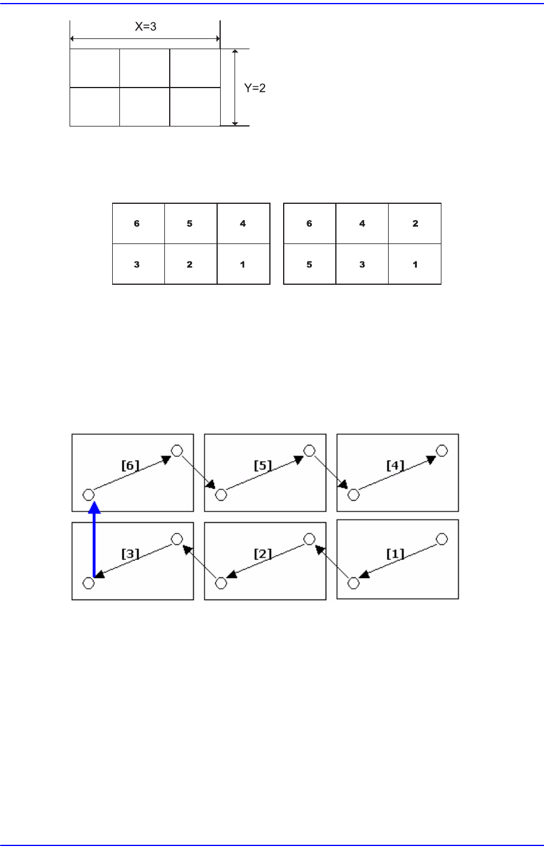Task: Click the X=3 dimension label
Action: pos(145,27)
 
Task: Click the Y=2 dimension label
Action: pos(254,88)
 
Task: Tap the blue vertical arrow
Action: pos(94,540)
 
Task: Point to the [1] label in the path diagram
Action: pos(395,553)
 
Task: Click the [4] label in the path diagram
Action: pos(395,465)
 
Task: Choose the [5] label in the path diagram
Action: pos(262,465)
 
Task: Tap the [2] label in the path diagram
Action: pos(262,553)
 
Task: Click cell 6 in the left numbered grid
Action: pos(137,224)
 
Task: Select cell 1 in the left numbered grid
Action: pos(243,264)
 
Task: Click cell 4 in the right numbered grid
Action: pos(362,224)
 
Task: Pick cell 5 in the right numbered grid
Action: pos(309,264)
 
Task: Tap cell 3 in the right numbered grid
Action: pos(362,264)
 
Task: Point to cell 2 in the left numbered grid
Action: pos(190,264)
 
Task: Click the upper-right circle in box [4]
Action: pos(442,450)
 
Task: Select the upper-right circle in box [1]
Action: pos(442,539)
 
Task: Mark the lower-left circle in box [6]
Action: pos(88,495)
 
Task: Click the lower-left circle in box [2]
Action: pos(221,583)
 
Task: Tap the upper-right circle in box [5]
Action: pos(309,450)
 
